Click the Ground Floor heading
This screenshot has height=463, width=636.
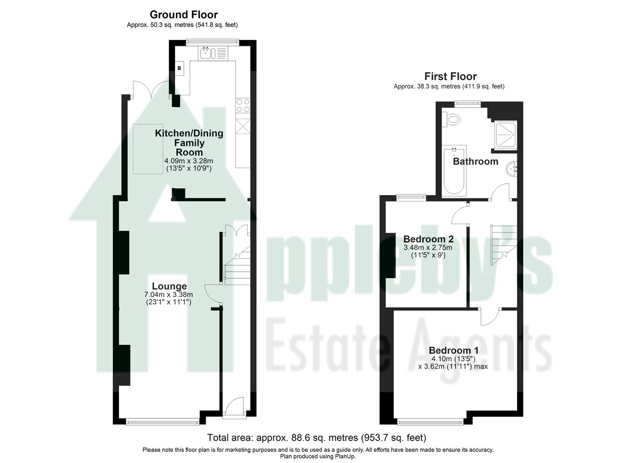pyautogui.click(x=183, y=15)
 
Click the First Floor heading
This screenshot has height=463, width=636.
pyautogui.click(x=450, y=76)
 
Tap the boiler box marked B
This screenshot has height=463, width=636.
pyautogui.click(x=179, y=68)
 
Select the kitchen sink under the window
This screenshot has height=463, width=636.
pyautogui.click(x=206, y=53)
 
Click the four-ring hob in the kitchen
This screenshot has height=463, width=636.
pyautogui.click(x=243, y=105)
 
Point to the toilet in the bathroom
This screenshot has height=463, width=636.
pyautogui.click(x=452, y=118)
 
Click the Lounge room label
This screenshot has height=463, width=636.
pyautogui.click(x=169, y=286)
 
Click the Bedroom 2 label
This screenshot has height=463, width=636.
pyautogui.click(x=428, y=239)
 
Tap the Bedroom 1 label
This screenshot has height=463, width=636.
pyautogui.click(x=454, y=350)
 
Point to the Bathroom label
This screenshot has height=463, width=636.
pyautogui.click(x=475, y=161)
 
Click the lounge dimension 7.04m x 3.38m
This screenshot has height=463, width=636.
pyautogui.click(x=169, y=295)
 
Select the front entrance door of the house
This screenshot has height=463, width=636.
pyautogui.click(x=234, y=407)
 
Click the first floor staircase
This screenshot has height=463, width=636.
pyautogui.click(x=504, y=244)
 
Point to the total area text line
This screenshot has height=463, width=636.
pyautogui.click(x=317, y=438)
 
